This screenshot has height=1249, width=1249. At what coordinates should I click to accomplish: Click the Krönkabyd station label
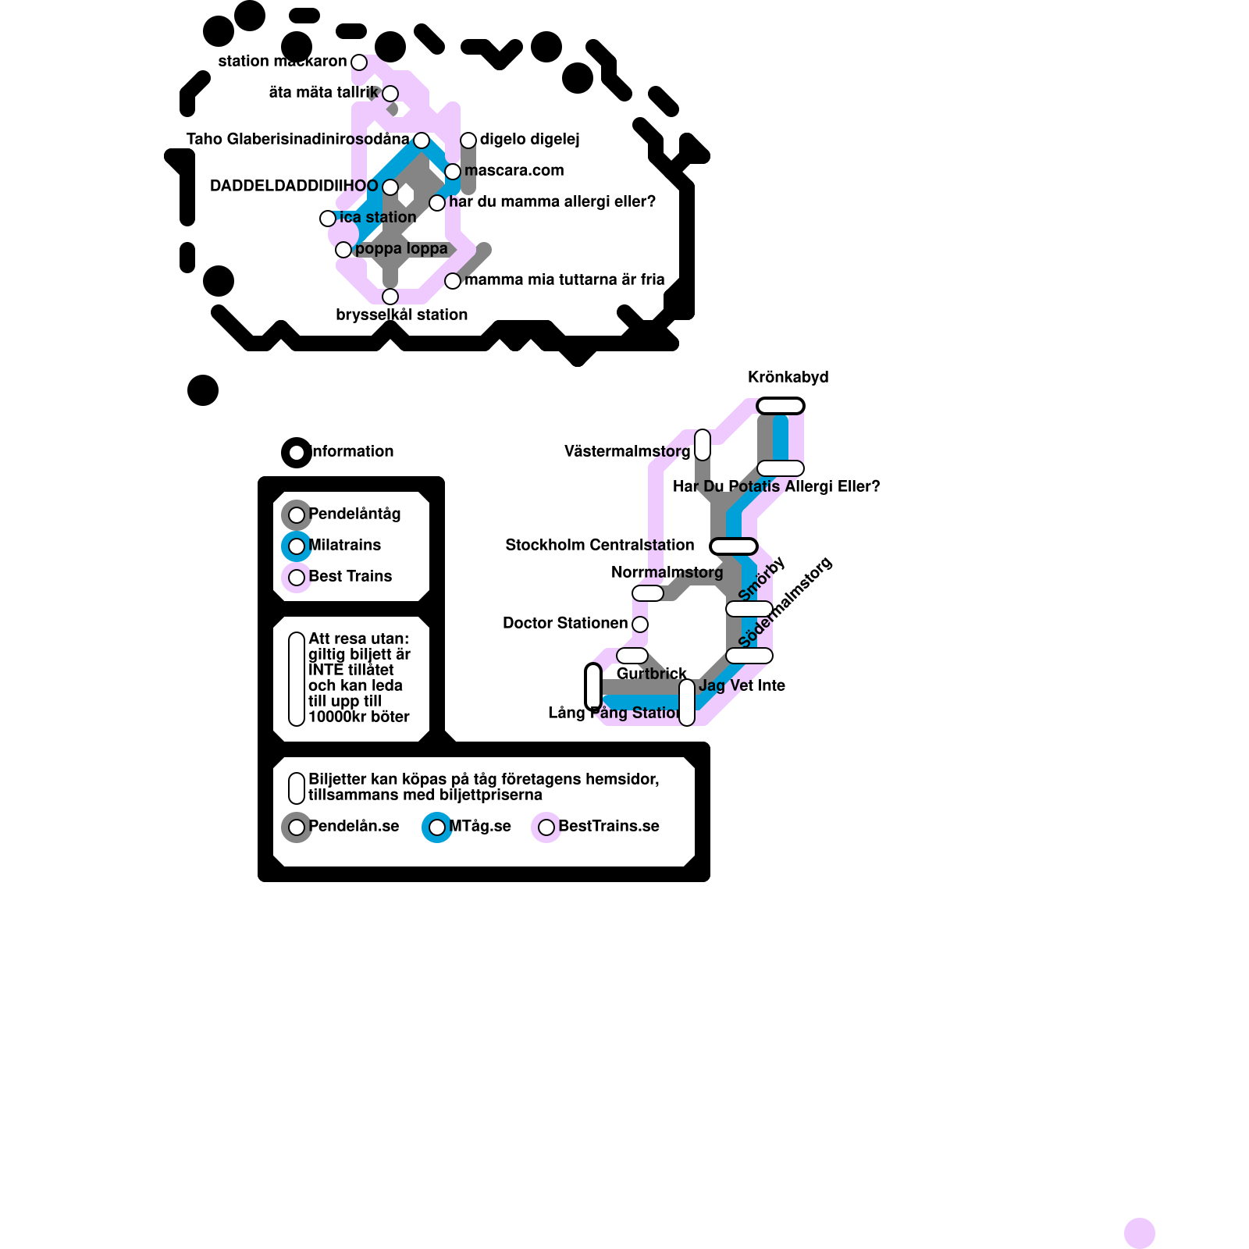(x=788, y=378)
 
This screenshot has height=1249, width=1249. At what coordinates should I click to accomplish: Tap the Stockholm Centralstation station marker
(x=734, y=546)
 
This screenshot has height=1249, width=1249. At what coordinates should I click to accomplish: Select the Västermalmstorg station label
(x=627, y=452)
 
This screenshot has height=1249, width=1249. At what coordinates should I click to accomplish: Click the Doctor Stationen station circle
(x=640, y=624)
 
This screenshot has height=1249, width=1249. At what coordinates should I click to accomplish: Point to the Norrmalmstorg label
(x=667, y=573)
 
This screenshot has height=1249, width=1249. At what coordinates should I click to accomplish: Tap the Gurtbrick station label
(x=651, y=674)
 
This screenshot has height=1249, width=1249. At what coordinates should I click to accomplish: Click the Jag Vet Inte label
(x=742, y=686)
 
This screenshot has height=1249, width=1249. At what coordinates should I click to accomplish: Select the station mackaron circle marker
(x=359, y=62)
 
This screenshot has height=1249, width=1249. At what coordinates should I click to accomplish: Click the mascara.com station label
(x=514, y=171)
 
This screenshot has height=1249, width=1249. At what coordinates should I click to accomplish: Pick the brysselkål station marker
(x=390, y=297)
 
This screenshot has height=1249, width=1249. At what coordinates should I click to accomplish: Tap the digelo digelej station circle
(x=468, y=141)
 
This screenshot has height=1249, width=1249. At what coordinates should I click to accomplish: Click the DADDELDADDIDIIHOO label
(x=294, y=187)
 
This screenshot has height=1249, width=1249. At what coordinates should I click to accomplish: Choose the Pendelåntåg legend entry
(x=354, y=514)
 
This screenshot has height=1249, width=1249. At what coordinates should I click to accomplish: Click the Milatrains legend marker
(x=297, y=546)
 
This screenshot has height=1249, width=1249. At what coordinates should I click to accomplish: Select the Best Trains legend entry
(x=350, y=577)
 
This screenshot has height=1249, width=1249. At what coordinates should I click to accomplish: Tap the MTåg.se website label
(x=480, y=827)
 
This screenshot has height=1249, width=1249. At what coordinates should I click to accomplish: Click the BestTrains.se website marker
(x=546, y=827)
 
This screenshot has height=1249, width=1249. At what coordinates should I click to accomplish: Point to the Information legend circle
(x=297, y=453)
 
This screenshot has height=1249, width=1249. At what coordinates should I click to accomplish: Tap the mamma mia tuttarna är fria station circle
(x=453, y=281)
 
